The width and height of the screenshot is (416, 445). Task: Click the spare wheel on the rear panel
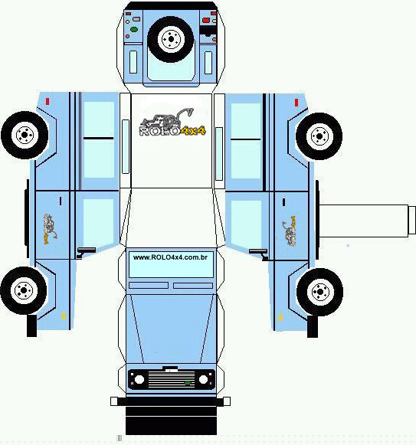point(171,39)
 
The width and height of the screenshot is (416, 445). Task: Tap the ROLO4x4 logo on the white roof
point(172,123)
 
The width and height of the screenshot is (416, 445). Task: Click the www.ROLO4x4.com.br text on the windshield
point(170,257)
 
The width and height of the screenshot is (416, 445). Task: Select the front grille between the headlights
point(172,379)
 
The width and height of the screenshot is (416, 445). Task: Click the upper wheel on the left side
point(25,135)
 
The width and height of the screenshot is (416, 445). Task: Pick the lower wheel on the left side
point(24,290)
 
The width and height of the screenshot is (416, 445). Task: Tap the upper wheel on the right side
point(319,136)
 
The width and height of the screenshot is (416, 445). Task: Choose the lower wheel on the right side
point(319,292)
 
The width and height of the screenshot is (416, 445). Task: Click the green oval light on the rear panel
point(134,29)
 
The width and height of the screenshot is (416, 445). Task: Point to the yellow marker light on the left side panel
point(64,316)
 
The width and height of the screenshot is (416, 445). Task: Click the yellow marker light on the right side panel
point(280,317)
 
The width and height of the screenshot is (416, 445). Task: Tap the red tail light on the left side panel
point(47,102)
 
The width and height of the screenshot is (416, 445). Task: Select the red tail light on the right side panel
point(296,103)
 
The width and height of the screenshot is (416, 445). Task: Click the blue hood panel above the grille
point(172,329)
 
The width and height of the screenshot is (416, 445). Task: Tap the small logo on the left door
point(51,229)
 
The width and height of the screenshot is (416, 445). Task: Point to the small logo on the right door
point(290,231)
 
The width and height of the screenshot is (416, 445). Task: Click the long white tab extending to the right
point(367,221)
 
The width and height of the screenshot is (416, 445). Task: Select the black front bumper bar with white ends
point(170,401)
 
